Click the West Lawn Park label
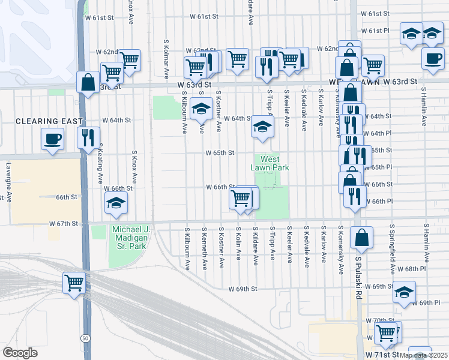coord(270,163)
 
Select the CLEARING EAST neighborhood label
coord(49,121)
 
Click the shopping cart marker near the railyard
coord(74,281)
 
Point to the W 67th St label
coord(64,223)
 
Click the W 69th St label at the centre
coord(243,289)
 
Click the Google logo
coord(20,352)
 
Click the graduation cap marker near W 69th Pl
coord(405,292)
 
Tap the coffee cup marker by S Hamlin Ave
coord(433,58)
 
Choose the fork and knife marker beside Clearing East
coord(89,137)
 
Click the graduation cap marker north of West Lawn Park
coord(262,127)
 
